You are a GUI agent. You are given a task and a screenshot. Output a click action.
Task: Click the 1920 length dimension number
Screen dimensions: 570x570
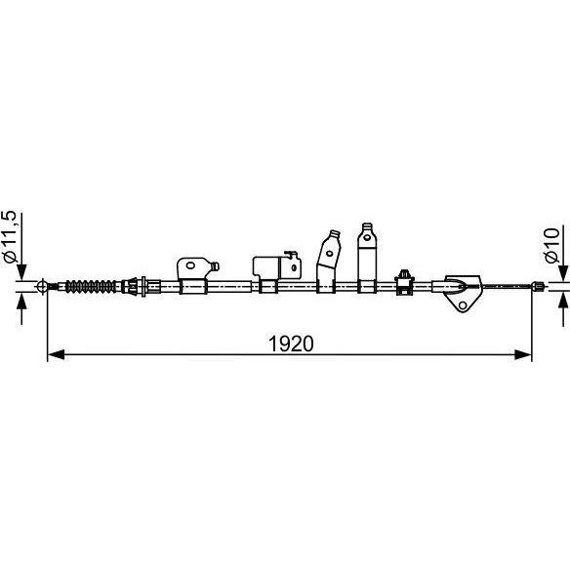(291, 344)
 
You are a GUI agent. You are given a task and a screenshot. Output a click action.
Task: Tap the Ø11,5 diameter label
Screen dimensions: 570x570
(10, 236)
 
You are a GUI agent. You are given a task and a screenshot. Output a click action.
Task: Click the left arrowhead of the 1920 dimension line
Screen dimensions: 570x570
(56, 354)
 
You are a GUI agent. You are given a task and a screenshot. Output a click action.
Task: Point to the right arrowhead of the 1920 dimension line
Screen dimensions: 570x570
(523, 354)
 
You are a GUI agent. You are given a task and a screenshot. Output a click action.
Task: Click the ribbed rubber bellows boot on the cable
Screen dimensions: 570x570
(91, 286)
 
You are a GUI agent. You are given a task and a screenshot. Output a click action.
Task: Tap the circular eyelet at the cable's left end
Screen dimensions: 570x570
(42, 286)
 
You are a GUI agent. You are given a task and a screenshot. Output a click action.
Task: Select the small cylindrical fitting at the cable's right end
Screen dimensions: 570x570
(537, 286)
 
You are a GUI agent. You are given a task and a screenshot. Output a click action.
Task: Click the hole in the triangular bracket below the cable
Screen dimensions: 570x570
(463, 305)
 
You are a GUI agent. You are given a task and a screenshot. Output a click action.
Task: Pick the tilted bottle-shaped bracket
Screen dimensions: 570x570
(328, 261)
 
